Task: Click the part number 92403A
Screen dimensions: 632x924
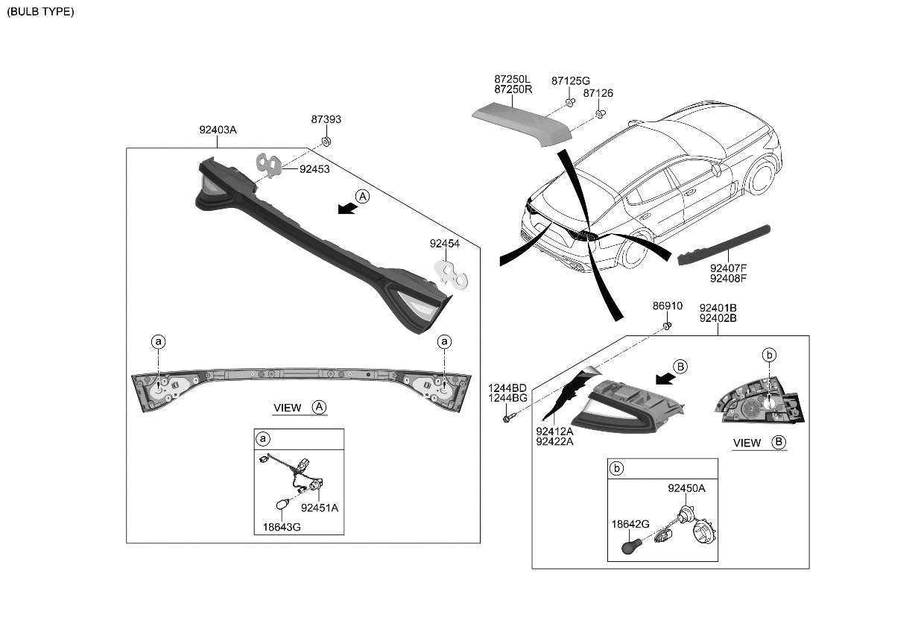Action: [218, 130]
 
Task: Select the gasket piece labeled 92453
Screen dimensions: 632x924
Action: [269, 165]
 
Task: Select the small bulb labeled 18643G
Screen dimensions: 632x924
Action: [282, 505]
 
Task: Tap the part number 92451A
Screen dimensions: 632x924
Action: [320, 508]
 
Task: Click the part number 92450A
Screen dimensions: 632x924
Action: [686, 489]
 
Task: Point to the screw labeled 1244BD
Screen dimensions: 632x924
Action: [506, 419]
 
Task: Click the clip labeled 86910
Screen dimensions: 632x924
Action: [668, 325]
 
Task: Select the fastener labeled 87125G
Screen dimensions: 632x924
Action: [569, 102]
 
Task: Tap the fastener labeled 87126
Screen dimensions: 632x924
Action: [599, 114]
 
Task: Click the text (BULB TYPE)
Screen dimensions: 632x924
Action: [41, 12]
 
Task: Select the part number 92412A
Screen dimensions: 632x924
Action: [554, 431]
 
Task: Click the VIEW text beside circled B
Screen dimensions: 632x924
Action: [747, 443]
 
